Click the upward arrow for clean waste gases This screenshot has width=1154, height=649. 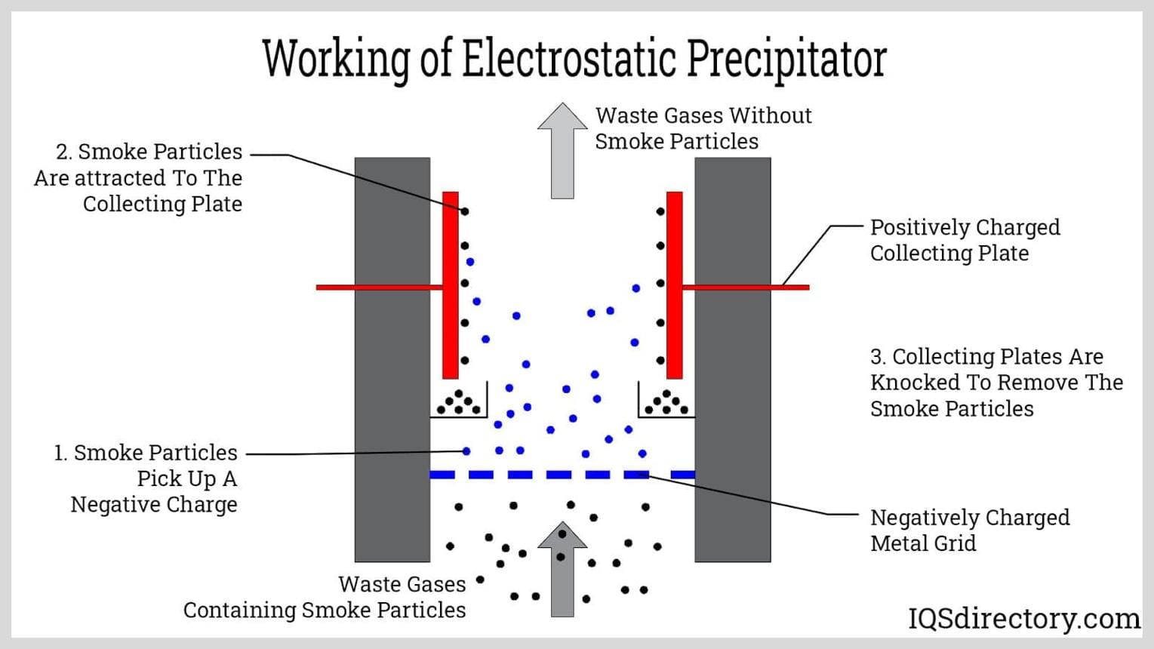coord(562,150)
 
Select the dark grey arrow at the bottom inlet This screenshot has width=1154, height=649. coord(562,569)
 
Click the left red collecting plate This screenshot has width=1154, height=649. coord(451,285)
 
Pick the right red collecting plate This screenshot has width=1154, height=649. coord(675,285)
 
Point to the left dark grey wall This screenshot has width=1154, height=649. coord(392,359)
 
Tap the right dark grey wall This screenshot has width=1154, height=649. coord(733,359)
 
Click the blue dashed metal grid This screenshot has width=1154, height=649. coord(562,475)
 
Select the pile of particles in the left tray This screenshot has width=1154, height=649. coord(459,402)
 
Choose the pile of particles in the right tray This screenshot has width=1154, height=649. coord(666,402)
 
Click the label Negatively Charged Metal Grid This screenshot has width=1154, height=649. coord(970,530)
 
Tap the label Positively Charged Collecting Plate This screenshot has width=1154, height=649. coord(965,240)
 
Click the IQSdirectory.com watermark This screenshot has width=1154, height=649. coord(1024,618)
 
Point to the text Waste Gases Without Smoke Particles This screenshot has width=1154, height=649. coord(703,128)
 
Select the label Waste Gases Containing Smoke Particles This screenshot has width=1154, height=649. coord(325,597)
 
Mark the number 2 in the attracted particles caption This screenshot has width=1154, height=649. coord(63,152)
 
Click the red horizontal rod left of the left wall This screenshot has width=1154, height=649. coord(335,288)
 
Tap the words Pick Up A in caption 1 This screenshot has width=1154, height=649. coord(187,479)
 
